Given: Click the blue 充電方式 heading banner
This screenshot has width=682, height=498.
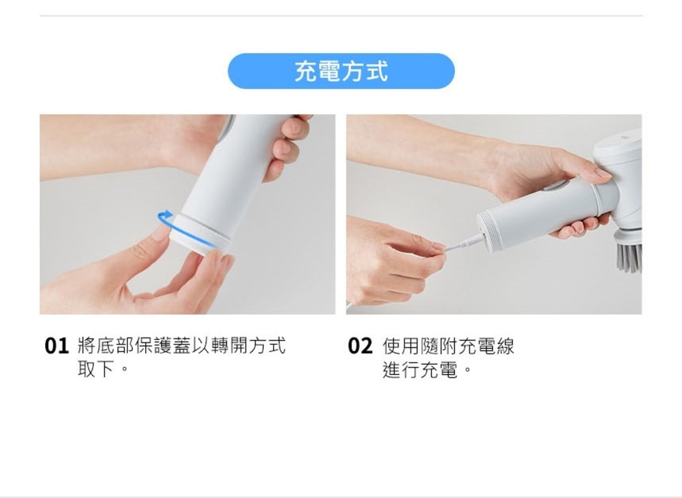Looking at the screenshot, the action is pos(341,71).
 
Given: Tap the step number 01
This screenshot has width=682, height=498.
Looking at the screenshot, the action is pos(56,346).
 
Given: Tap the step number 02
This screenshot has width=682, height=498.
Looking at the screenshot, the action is pos(360,346).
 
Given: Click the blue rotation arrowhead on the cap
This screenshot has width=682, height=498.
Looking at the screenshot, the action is pos(167,213).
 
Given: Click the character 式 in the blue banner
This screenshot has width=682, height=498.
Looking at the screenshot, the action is pos(377,71).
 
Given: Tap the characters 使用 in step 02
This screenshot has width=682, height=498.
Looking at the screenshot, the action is pos(401,346).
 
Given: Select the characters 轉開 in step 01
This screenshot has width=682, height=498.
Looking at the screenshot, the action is pos(229,345).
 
